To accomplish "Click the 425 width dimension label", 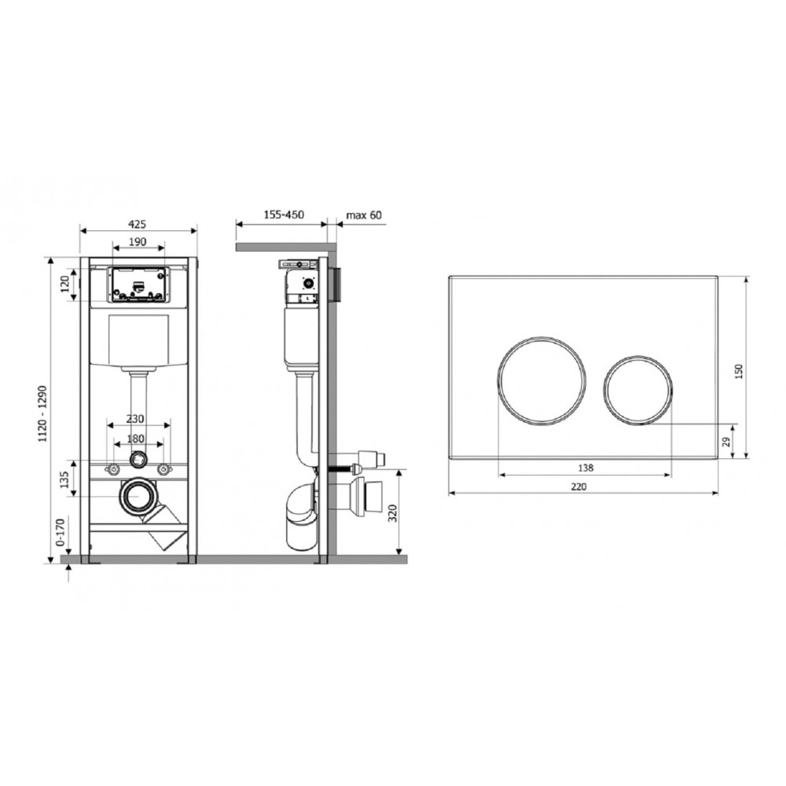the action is [x=138, y=223].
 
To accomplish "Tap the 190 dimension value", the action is [x=138, y=241].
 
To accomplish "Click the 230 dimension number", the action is [x=135, y=419].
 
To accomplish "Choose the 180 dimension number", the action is [x=135, y=438].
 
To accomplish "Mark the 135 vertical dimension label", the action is [x=64, y=479].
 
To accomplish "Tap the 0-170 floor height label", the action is [x=61, y=532].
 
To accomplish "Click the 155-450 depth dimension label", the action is [x=284, y=215].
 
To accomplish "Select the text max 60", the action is [x=364, y=215].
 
